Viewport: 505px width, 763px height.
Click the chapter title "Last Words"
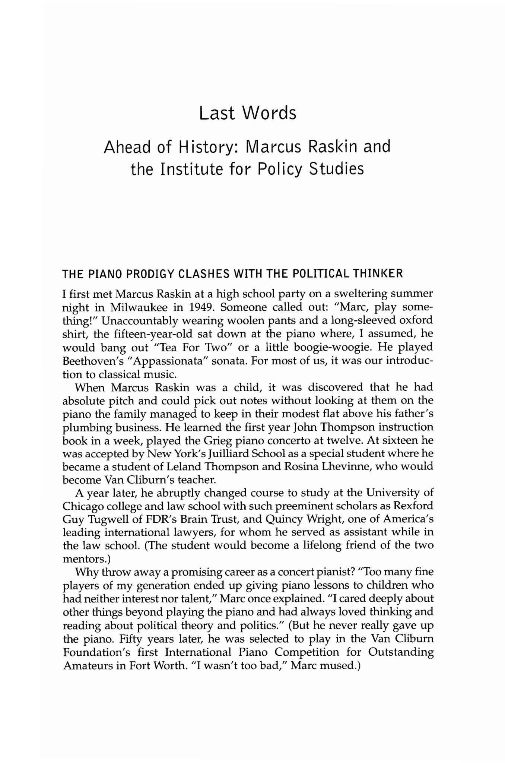pos(248,113)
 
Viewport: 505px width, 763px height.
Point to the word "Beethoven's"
pos(88,361)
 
